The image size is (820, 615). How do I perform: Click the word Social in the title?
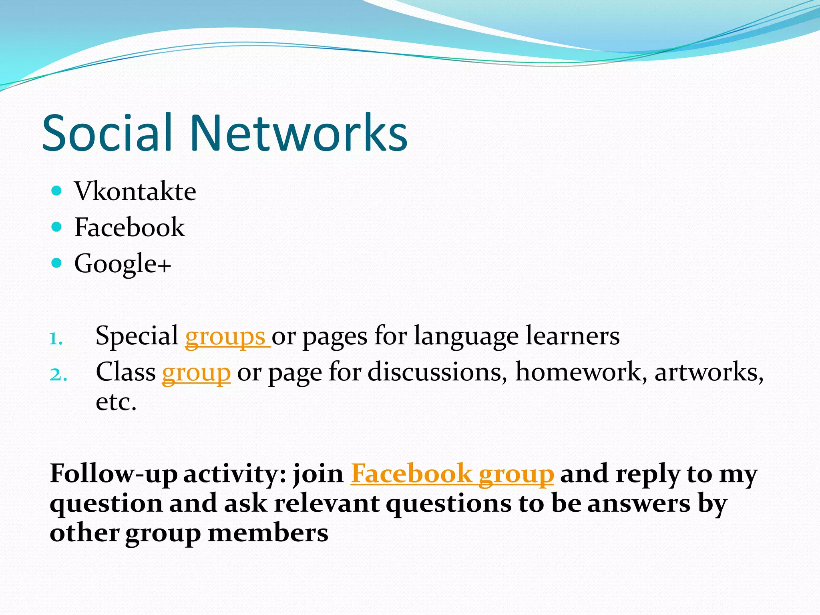(107, 133)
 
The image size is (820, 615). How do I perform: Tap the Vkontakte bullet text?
(135, 191)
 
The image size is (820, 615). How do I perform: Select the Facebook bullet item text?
(130, 227)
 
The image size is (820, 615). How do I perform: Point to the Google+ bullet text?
(123, 263)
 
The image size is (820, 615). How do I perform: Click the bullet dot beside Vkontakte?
(57, 191)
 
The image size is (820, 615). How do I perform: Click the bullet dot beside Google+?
(57, 263)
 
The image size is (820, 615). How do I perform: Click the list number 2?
(58, 375)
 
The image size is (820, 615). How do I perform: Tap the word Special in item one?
(137, 336)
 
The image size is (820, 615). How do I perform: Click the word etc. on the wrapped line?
(116, 402)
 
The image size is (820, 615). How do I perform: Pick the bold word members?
(268, 534)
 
